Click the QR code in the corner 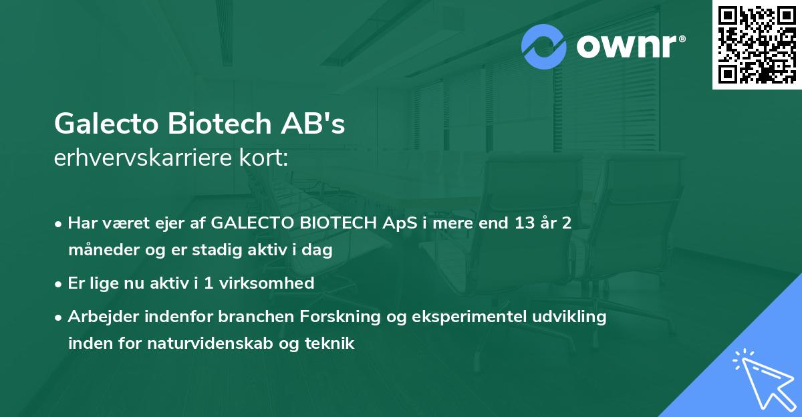[x=757, y=44]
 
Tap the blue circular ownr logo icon [x=544, y=47]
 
